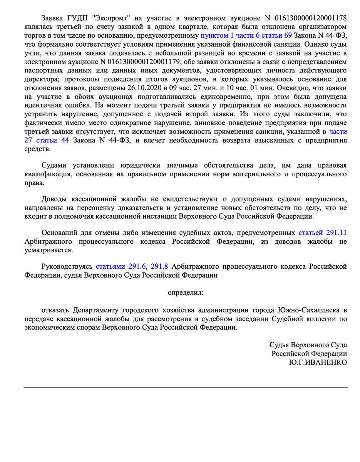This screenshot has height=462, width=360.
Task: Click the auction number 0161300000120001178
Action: (x=311, y=18)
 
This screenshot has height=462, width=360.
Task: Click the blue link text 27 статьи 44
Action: (x=47, y=140)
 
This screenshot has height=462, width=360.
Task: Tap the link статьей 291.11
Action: (x=323, y=233)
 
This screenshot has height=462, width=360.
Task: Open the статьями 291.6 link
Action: (x=121, y=266)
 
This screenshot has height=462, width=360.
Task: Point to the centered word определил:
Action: (x=186, y=292)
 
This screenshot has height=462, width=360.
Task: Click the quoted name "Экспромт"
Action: (x=99, y=18)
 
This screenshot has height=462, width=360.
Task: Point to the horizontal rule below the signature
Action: (x=186, y=387)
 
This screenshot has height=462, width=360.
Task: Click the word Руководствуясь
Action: (x=67, y=266)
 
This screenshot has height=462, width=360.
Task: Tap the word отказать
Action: (x=55, y=310)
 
